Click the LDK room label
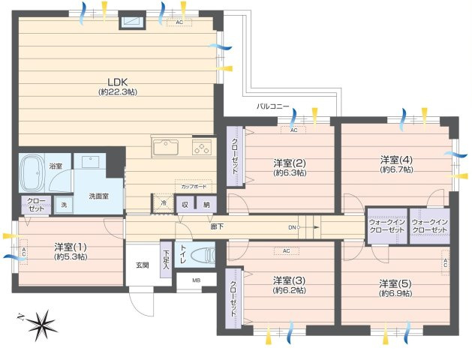click(116, 82)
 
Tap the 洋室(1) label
click(69, 246)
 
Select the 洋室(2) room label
click(289, 163)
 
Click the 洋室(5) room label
click(395, 283)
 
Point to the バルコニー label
click(272, 107)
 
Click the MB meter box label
click(197, 280)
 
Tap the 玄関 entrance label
click(142, 265)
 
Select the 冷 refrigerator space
click(162, 203)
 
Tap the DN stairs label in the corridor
click(292, 226)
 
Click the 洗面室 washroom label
click(98, 196)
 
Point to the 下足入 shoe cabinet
click(166, 258)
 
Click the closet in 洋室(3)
click(232, 299)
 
